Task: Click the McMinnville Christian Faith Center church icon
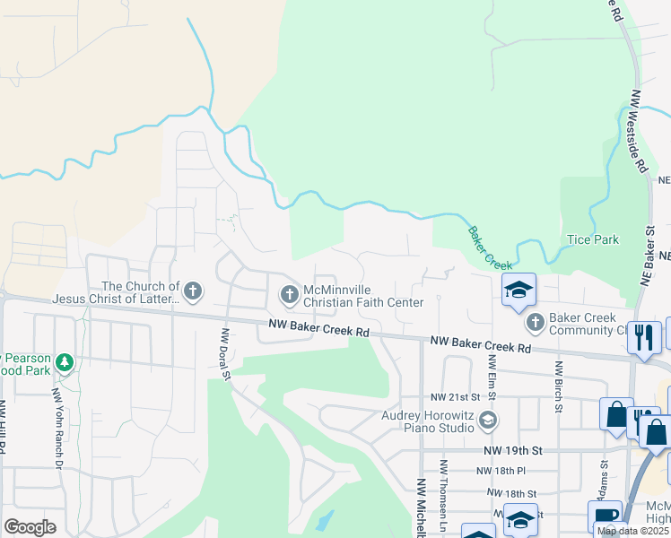coord(290,293)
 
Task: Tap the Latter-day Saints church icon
coord(193,291)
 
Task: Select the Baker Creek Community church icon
coord(535,321)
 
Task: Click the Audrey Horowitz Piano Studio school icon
coord(488,419)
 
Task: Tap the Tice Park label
coord(593,240)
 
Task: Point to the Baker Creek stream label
coord(488,248)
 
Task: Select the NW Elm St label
coord(492,376)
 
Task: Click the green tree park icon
coord(64,362)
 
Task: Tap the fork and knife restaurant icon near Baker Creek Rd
coord(643,336)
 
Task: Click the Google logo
coord(30,527)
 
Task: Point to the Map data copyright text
coord(632,531)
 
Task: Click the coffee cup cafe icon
coord(604,516)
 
